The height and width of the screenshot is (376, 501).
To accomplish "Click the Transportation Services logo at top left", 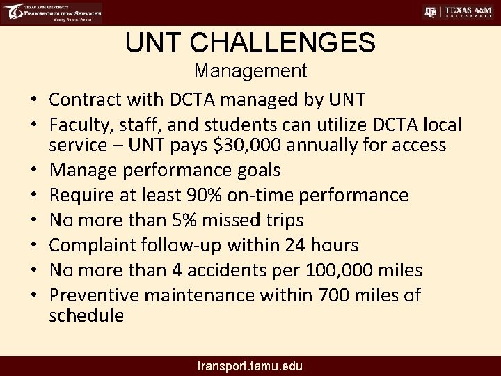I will pos(52,13).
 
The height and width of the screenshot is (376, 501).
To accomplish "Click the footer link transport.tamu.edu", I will pos(250,366).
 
